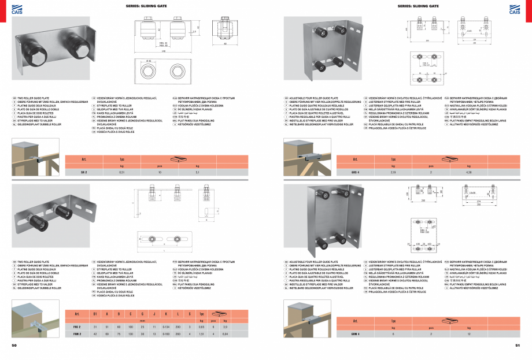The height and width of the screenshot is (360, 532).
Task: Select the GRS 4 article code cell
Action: (x=355, y=172)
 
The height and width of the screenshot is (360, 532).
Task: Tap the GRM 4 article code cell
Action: (x=355, y=334)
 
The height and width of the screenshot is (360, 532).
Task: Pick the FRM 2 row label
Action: (x=76, y=334)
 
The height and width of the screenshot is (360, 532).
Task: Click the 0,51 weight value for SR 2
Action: (x=121, y=172)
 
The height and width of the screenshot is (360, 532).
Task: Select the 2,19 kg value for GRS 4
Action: (x=393, y=172)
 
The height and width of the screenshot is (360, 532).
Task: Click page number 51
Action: (x=518, y=345)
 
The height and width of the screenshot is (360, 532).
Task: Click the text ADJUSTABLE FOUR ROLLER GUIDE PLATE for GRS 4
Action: (x=315, y=99)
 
